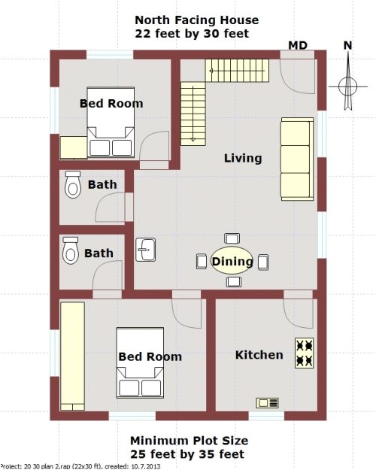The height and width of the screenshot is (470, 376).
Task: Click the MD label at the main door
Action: coord(299,46)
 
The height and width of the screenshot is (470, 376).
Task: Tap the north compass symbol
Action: coord(347,82)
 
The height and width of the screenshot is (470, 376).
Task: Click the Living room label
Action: coord(243,158)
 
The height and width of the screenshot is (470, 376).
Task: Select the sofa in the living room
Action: coord(296,159)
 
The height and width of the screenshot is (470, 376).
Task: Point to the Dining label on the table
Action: coord(232,262)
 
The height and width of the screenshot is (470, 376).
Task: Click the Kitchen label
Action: coord(259,355)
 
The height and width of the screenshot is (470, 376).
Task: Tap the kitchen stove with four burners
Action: coord(304,353)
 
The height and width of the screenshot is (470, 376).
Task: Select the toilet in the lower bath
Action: coord(71,250)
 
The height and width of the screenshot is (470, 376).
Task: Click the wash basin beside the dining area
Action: coord(145,249)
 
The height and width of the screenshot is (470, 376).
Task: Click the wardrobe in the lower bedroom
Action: coord(73,349)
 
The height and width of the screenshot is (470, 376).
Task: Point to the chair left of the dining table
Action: coord(201,262)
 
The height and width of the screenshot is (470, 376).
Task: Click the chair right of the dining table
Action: coord(263,262)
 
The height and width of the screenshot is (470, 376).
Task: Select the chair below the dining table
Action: coord(233,281)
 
